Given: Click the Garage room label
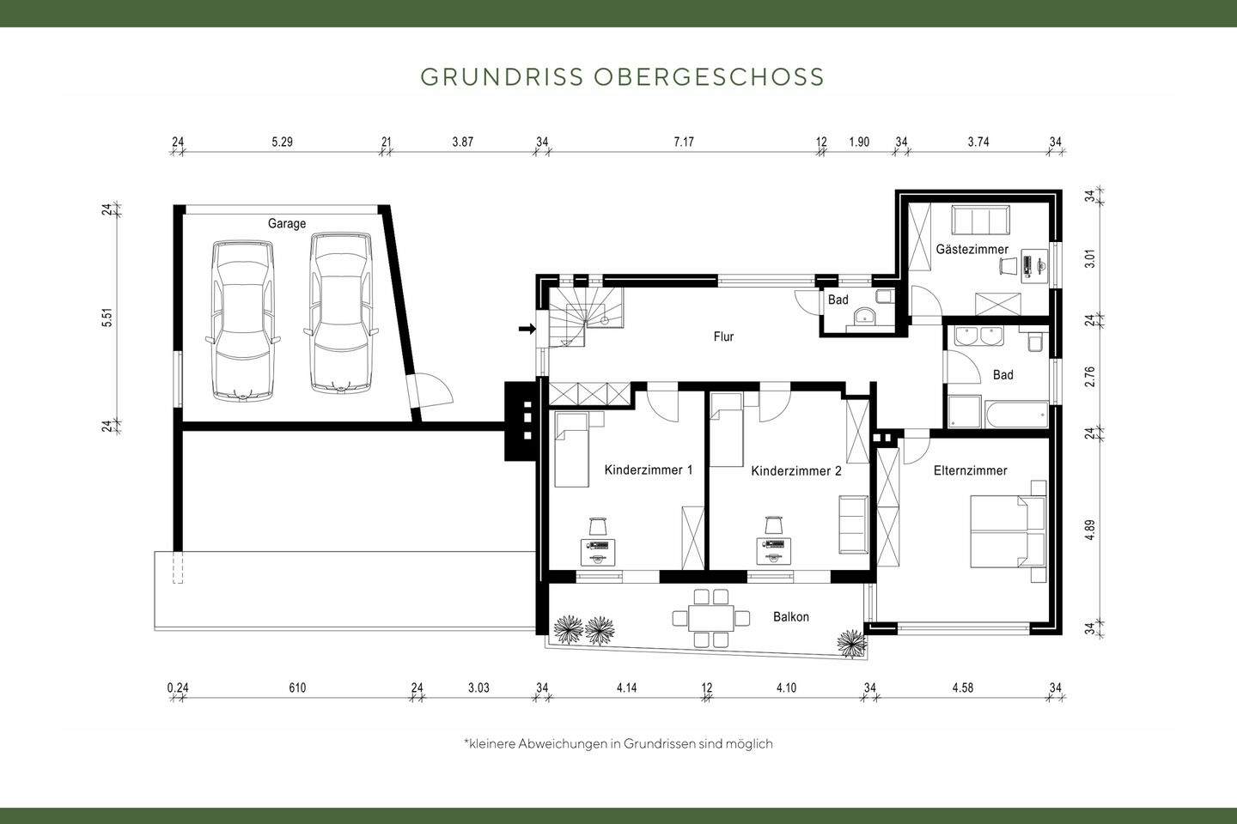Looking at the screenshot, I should pos(286,224).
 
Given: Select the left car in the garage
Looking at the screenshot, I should pos(243,318).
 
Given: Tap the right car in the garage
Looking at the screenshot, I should pos(342,313).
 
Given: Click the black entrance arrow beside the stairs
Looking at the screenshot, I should pos(527,328).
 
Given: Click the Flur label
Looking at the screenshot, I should pos(723,337).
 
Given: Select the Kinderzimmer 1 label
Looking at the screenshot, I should pos(648,470).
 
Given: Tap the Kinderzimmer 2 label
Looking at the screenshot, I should pos(795,471).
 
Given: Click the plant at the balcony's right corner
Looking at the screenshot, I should pos(850,639).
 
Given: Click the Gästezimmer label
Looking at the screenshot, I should pos(972,250).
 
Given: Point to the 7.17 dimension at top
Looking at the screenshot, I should pos(683,142).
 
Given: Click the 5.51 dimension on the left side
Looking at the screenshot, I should pos(107,318).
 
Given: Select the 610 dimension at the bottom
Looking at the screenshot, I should pos(297,688).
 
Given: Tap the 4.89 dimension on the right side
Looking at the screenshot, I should pos(1089,530).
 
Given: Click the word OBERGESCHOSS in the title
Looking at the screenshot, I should pos(708,76).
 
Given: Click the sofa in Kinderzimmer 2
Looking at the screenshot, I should pos(853,524).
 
